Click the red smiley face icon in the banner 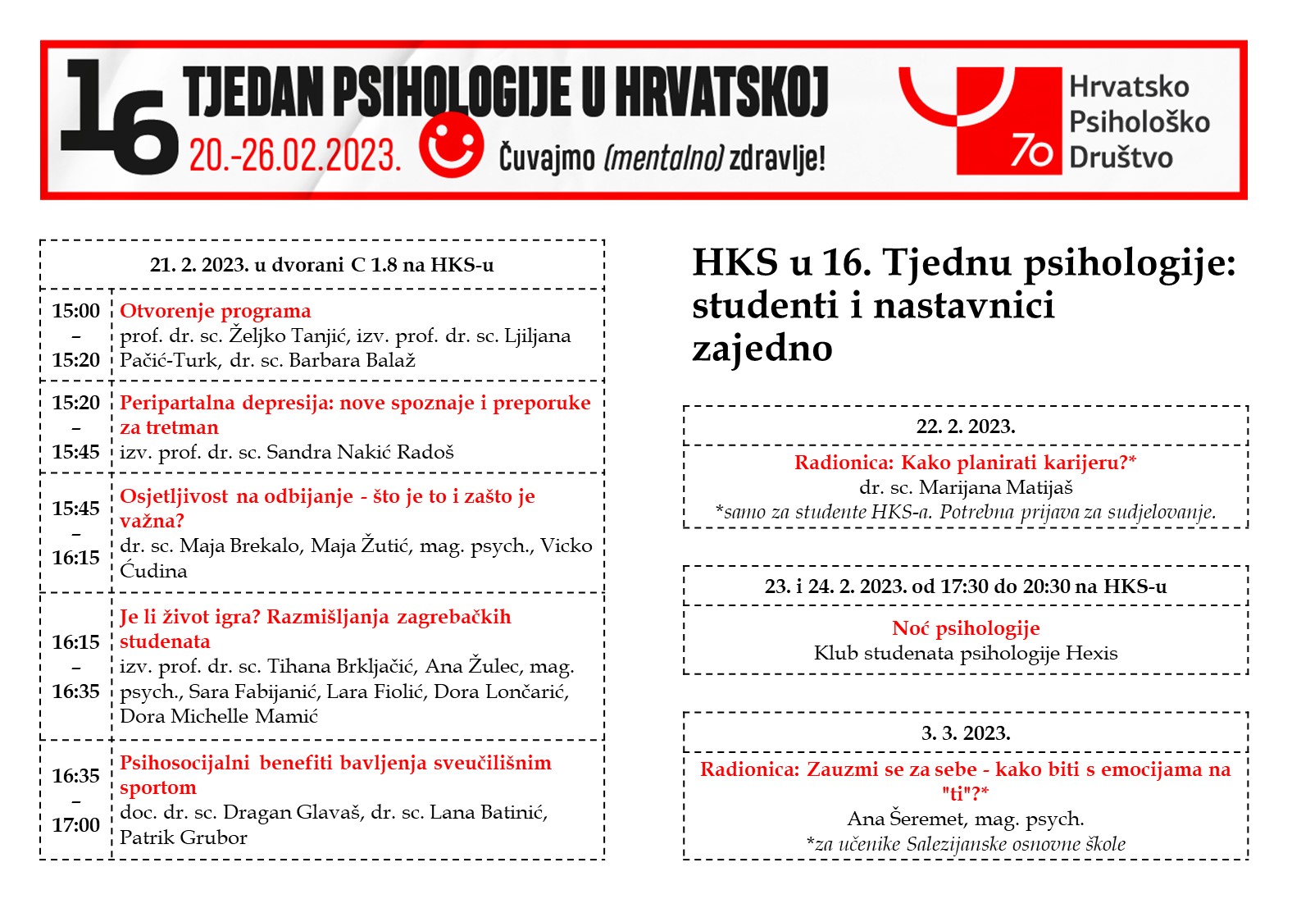pyautogui.click(x=451, y=145)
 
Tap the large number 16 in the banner pyautogui.click(x=119, y=117)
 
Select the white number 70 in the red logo pyautogui.click(x=1031, y=150)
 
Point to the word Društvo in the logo pyautogui.click(x=1121, y=157)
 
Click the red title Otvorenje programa pyautogui.click(x=216, y=311)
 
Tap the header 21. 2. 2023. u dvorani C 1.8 pyautogui.click(x=321, y=265)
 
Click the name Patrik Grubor pyautogui.click(x=184, y=837)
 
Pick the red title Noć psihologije pyautogui.click(x=966, y=628)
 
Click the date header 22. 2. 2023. pyautogui.click(x=966, y=427)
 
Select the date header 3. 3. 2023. pyautogui.click(x=966, y=733)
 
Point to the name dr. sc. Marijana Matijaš pyautogui.click(x=966, y=487)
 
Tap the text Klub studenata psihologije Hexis pyautogui.click(x=966, y=653)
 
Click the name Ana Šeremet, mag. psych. pyautogui.click(x=966, y=819)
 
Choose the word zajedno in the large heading pyautogui.click(x=762, y=348)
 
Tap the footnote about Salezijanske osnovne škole pyautogui.click(x=966, y=844)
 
